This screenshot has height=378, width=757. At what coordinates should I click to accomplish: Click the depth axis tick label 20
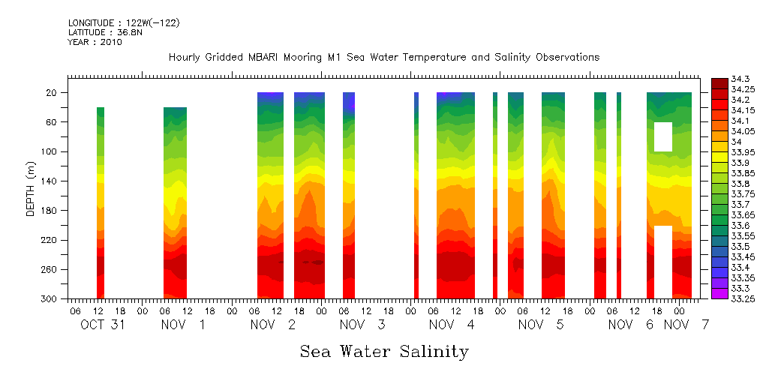coord(52,92)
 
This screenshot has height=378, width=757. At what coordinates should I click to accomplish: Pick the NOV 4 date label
coord(452,325)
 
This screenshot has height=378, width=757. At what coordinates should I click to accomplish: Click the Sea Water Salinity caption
coord(384,351)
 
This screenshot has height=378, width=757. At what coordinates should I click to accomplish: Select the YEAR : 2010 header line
coord(95,42)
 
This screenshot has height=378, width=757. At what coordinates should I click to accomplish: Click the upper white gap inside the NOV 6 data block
coord(662,136)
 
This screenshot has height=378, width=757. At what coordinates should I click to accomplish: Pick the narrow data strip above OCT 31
coord(101,202)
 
